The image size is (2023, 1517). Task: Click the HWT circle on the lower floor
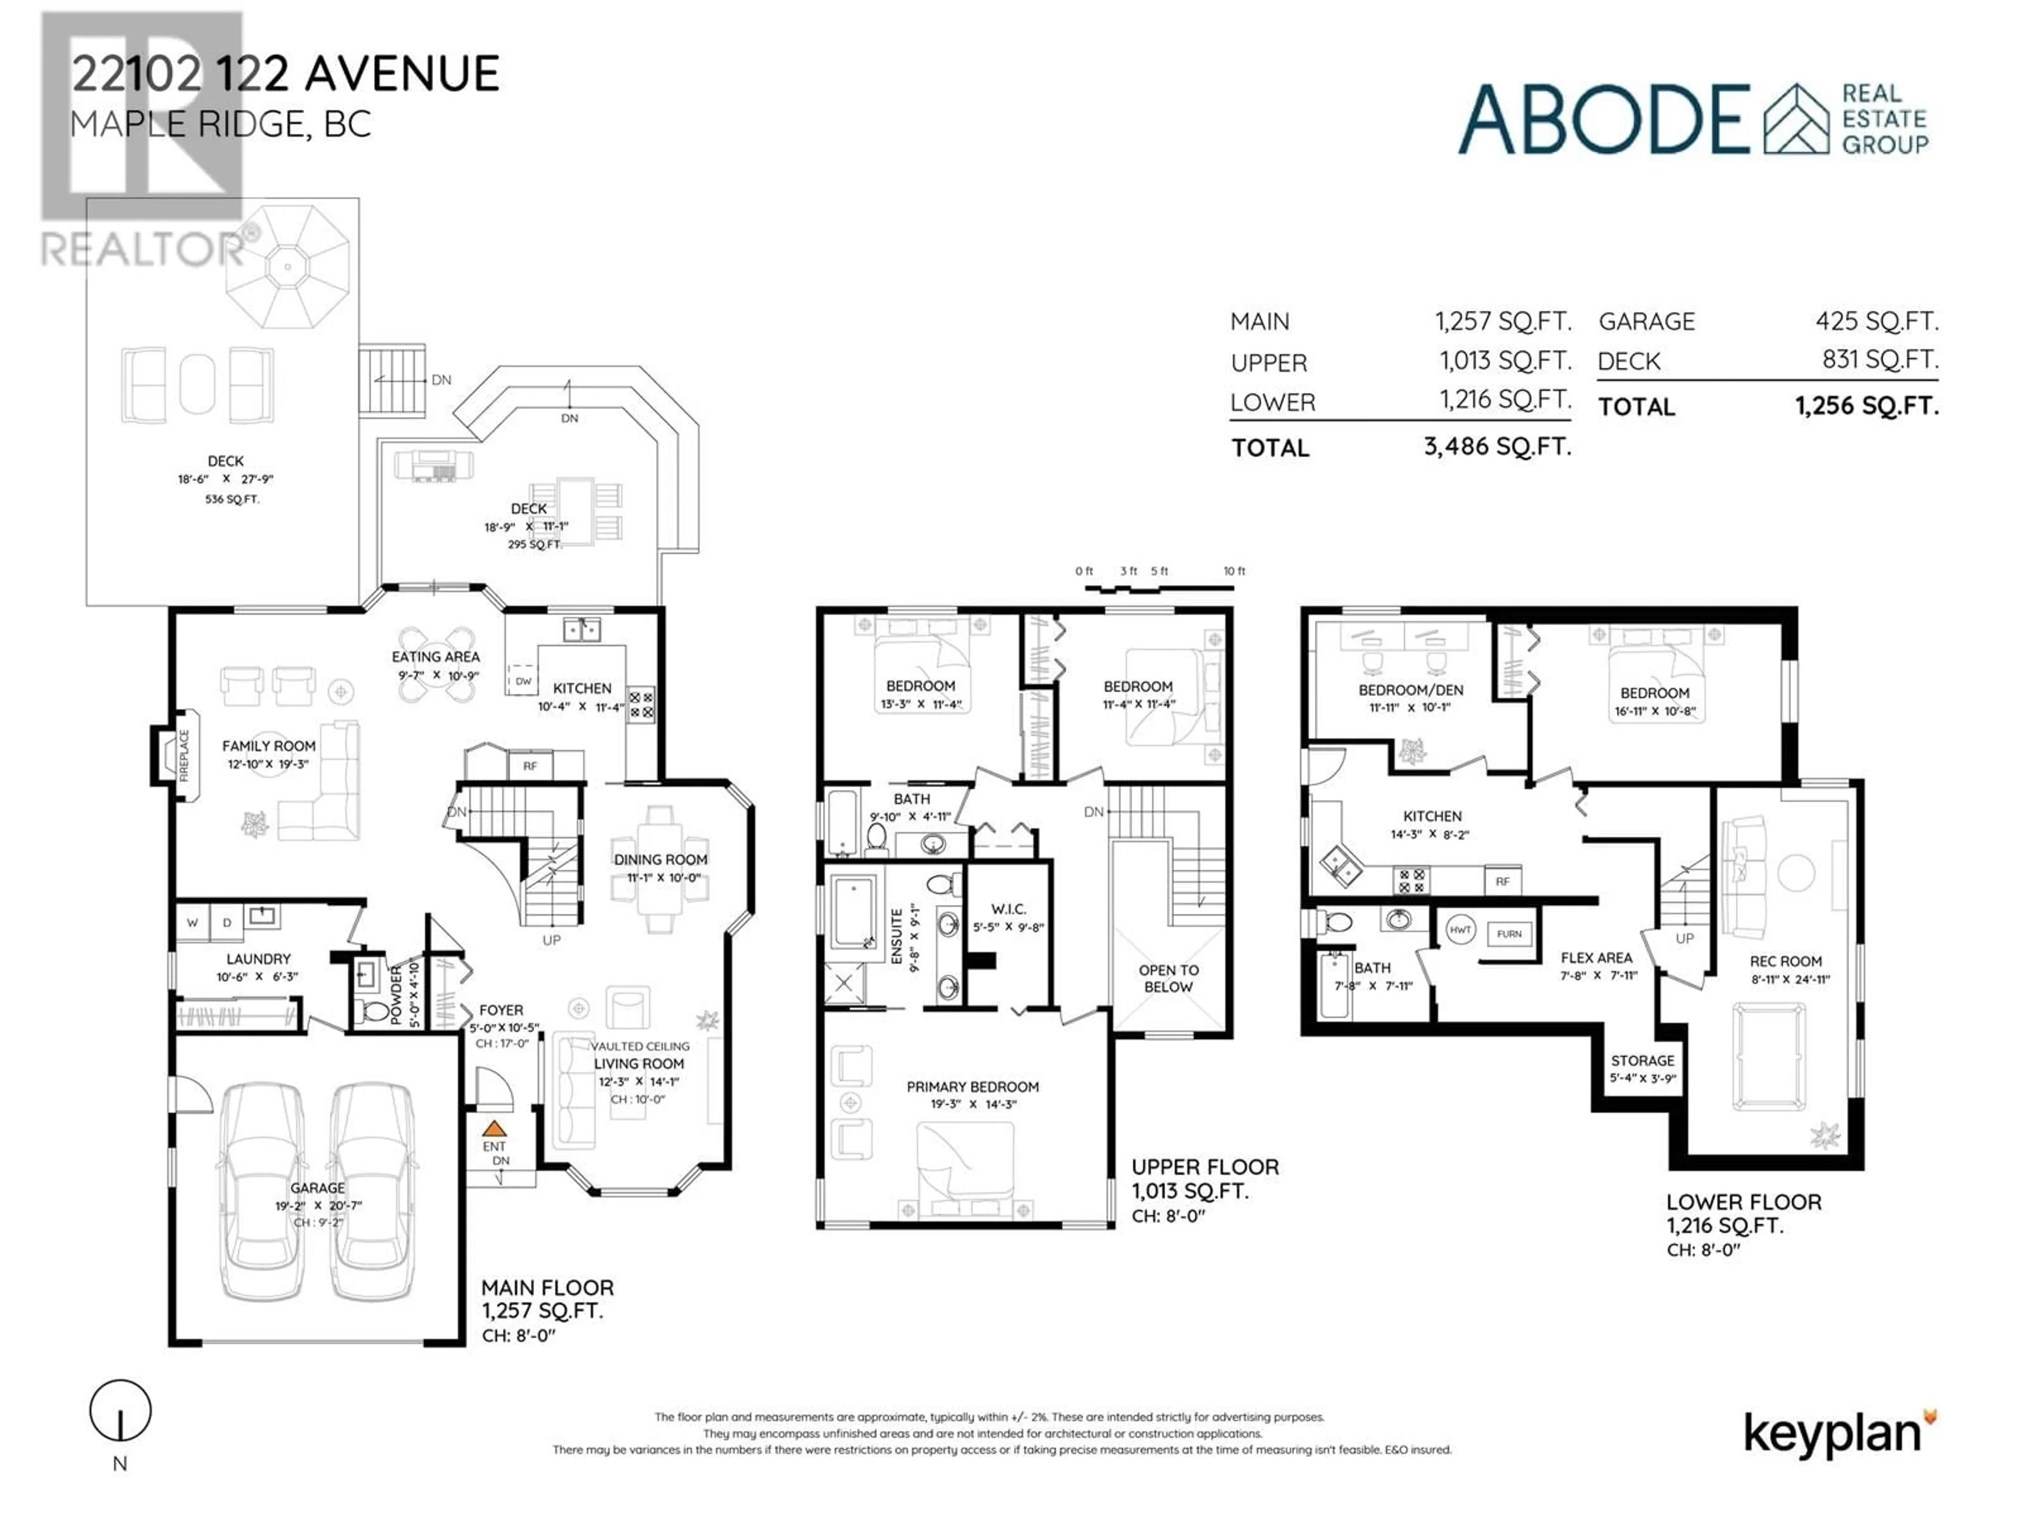1460,930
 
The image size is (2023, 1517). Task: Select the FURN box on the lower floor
1509,933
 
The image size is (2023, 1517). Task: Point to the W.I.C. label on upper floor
1008,909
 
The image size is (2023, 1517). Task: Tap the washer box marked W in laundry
192,923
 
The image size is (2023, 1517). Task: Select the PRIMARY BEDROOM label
972,1086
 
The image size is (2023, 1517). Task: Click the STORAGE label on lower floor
1643,1061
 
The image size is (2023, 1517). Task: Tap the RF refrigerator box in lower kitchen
1501,881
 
